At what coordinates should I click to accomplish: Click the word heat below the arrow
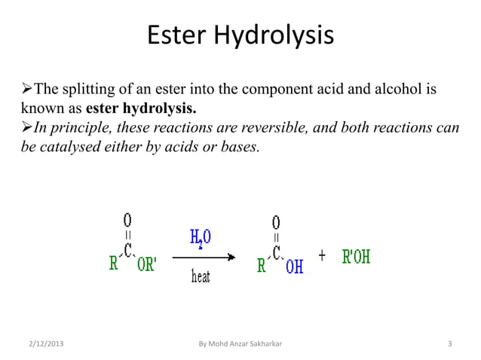pos(199,276)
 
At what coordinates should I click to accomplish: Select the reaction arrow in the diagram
pos(204,258)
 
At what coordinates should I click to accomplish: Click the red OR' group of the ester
pos(141,265)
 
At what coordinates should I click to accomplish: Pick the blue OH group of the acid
pos(294,265)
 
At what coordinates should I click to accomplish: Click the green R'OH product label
pos(356,258)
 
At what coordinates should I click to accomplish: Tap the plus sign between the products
pos(322,256)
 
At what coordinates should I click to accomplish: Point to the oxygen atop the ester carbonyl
pos(127,219)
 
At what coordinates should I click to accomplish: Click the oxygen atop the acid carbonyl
pos(277,221)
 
